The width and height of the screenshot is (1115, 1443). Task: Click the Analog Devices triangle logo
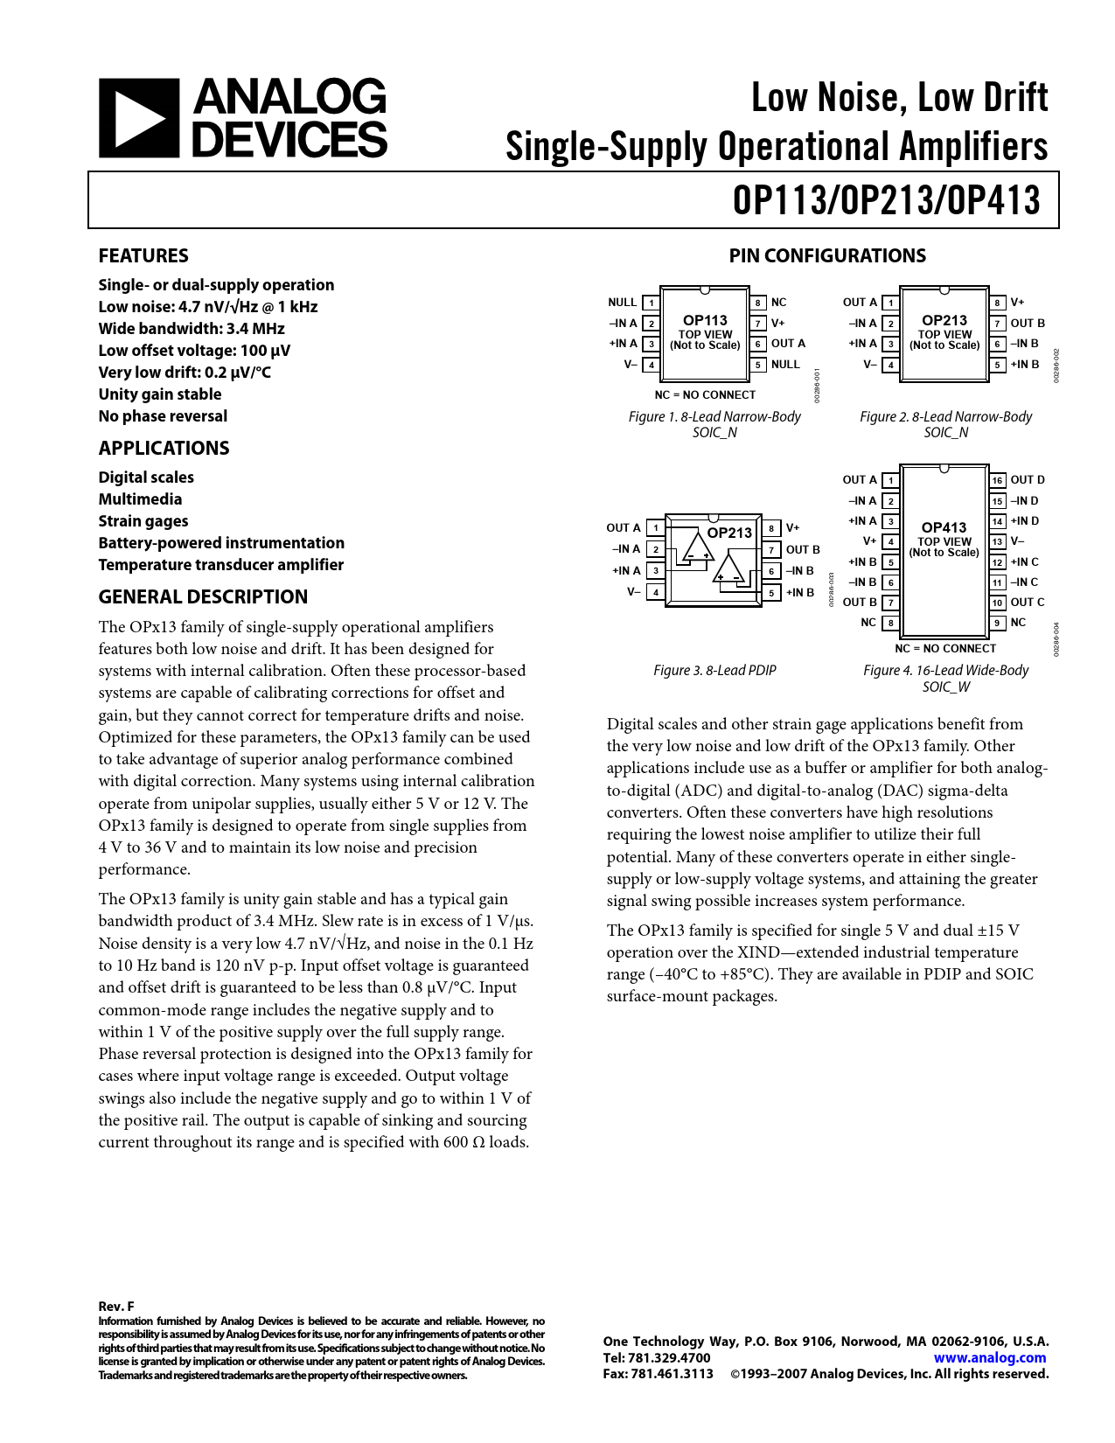138,118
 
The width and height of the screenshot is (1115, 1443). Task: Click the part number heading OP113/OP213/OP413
887,200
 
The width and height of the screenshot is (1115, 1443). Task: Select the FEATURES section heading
143,256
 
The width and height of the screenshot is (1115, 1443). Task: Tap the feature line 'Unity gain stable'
160,394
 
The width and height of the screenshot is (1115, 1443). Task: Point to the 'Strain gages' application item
143,521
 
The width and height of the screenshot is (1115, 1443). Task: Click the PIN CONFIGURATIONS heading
827,256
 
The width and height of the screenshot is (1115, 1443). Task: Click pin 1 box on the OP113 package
651,303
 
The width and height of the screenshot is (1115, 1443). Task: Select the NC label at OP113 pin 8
778,303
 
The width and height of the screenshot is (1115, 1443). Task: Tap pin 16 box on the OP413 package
997,480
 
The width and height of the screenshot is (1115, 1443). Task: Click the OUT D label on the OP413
1028,480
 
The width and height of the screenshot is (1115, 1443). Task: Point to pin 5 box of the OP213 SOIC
997,365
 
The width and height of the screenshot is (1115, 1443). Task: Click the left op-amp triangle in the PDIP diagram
699,547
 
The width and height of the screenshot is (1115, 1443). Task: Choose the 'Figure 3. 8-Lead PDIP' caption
714,671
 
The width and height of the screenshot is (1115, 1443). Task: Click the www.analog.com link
990,1358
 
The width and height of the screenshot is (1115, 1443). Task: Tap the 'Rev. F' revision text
116,1307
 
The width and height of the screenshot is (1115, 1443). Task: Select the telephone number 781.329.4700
669,1358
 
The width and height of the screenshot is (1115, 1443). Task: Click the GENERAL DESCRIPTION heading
203,597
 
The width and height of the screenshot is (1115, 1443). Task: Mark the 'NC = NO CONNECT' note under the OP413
945,649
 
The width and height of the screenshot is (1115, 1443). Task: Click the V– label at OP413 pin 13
1018,541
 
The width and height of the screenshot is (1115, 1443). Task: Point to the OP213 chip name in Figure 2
944,321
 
